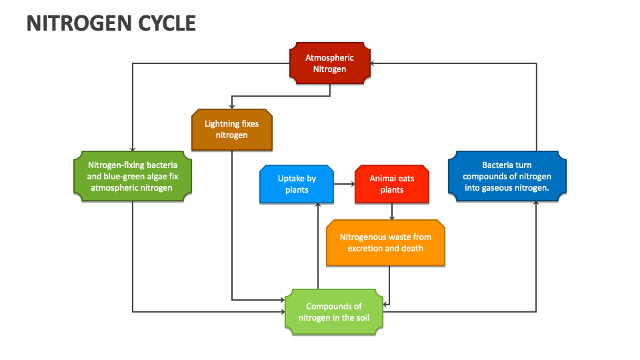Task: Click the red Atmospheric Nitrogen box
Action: (329, 63)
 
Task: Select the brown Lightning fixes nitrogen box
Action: (231, 129)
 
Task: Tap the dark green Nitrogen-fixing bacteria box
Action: (133, 176)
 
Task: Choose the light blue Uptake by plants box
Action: (297, 184)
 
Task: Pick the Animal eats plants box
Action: (391, 184)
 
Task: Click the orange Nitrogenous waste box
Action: (385, 243)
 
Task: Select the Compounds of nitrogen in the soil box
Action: (333, 311)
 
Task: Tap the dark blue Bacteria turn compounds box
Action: (507, 176)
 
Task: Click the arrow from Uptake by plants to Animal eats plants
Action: (345, 184)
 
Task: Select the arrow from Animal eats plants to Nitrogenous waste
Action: (391, 211)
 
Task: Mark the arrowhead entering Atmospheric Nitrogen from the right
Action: (373, 63)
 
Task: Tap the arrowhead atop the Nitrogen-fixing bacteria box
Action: (133, 149)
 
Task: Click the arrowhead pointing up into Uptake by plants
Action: (318, 205)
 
